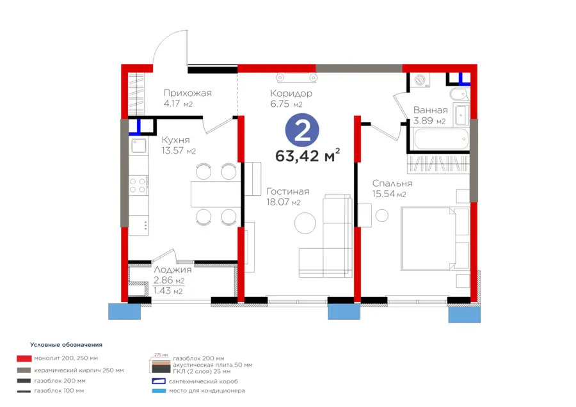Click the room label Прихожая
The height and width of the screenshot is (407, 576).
click(x=188, y=93)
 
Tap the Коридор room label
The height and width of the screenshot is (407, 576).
click(x=291, y=93)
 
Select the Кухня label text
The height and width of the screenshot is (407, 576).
click(x=175, y=140)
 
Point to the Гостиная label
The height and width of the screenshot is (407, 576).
click(x=287, y=191)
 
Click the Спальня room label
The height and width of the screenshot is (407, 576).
click(x=392, y=183)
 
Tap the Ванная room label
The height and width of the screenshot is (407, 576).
click(x=430, y=110)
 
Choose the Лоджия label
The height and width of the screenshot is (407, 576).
click(x=172, y=270)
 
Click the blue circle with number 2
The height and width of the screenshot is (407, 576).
click(x=302, y=130)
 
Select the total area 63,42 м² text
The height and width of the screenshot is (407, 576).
click(x=307, y=156)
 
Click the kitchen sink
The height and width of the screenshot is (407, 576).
click(x=140, y=146)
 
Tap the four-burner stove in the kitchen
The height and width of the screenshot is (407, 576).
click(x=138, y=186)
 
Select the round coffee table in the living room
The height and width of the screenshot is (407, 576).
click(x=305, y=223)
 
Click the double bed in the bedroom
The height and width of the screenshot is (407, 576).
click(x=435, y=239)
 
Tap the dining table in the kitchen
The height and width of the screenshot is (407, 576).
click(x=216, y=194)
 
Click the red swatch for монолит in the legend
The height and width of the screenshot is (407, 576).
click(x=24, y=358)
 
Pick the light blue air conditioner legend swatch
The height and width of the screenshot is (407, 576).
click(x=159, y=391)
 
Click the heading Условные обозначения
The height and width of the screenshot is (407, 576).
click(x=66, y=345)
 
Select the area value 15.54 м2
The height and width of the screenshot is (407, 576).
click(x=389, y=194)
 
